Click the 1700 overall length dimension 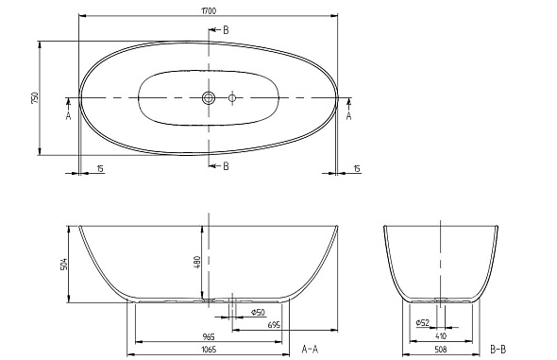point(209,10)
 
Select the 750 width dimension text point(34,98)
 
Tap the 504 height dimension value point(64,264)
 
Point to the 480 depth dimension point(197,263)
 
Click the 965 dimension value point(209,337)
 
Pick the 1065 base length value point(209,350)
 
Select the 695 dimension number point(274,325)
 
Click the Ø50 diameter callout point(259,313)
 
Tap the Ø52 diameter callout point(423,323)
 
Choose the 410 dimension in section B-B point(441,335)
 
